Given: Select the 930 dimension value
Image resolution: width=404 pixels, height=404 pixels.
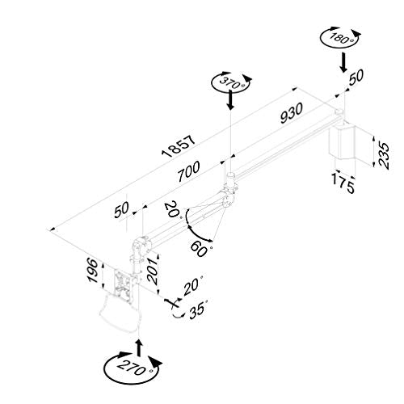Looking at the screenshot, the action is pos(292,113).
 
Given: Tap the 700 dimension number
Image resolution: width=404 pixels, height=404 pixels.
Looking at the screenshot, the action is pos(189,171).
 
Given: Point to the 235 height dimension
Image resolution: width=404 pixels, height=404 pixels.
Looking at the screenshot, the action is pos(384,155).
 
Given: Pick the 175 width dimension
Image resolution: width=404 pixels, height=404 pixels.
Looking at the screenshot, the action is pos(343,183).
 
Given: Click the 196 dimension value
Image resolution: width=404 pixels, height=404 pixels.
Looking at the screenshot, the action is pos(93,270).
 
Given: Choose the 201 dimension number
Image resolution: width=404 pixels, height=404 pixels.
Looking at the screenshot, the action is pos(153,271).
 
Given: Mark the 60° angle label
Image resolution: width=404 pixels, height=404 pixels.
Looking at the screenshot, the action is pos(201,249).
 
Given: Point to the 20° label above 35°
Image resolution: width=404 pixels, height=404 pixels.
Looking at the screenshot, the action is pos(194,286).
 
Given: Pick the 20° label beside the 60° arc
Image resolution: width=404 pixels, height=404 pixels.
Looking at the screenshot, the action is pos(173,209).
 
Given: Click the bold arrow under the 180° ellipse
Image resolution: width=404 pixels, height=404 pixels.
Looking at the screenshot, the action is pos(343,62).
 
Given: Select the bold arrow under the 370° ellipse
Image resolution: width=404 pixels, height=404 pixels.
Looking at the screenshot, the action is pos(230,99).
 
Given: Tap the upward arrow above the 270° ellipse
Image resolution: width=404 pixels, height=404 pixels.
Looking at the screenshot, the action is pos(139,347).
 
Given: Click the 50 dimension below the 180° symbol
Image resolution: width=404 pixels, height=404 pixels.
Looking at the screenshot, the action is pos(356,77).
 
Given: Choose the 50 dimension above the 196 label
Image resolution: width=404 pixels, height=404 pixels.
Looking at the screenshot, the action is pos(122,210).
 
